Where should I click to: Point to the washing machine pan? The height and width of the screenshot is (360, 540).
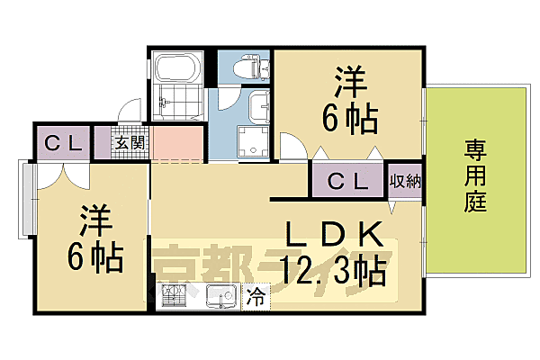[x=251, y=140]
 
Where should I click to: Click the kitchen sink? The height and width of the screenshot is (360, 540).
[x=220, y=295]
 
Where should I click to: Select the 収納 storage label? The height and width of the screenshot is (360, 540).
[x=405, y=181]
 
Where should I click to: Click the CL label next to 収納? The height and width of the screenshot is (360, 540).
[x=347, y=181]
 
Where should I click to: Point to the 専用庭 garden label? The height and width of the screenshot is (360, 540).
[x=476, y=175]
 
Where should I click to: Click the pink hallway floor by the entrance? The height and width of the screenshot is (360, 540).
[x=179, y=144]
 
